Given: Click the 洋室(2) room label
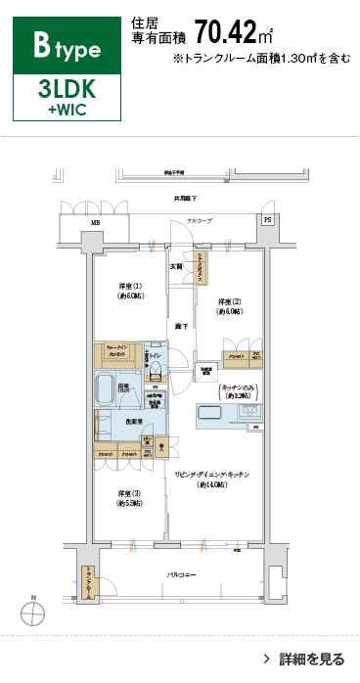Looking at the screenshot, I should coord(230,306).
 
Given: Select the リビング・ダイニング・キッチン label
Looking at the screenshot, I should coord(213,478).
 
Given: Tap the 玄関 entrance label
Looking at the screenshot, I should coord(177,266).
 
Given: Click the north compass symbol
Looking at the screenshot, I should coord(33,613).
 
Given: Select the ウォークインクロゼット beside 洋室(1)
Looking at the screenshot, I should coord(116,354).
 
